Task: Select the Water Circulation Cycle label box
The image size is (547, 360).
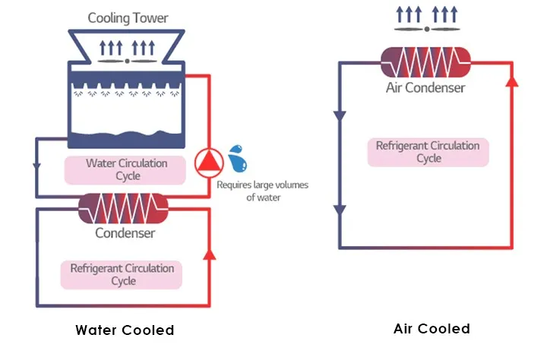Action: coord(126,169)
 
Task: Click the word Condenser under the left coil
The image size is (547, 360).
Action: coord(125,232)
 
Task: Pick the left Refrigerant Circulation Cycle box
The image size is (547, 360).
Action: coord(122,274)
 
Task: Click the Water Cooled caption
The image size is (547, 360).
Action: coord(125,330)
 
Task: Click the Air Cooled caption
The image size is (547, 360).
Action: coord(432,329)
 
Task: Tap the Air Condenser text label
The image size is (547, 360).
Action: coord(425,87)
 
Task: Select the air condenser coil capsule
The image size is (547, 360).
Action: coord(426,62)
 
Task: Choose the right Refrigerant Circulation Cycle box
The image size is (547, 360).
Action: coord(428,152)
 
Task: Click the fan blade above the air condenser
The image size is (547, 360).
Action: coord(426,29)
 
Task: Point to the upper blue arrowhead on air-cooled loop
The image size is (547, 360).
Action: coord(340,115)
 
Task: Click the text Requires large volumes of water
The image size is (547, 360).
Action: coord(263,191)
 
